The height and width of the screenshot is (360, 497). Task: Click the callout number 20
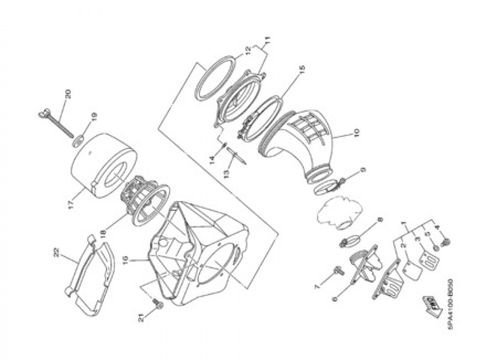click(x=68, y=93)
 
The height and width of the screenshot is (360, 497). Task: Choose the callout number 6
click(x=333, y=298)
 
